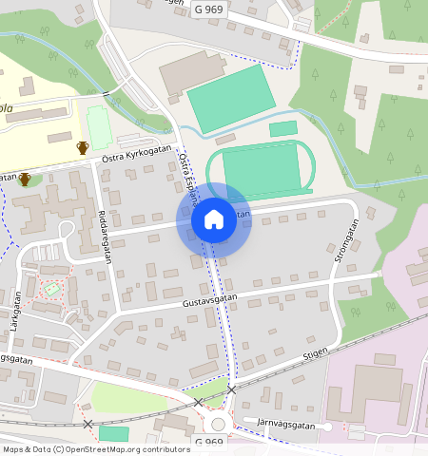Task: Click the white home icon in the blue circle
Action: pos(214,220)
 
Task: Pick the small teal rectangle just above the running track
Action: pos(282,128)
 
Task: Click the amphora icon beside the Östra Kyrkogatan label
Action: pos(83,147)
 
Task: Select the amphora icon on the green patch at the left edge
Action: pos(24,179)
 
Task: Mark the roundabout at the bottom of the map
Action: pos(218,425)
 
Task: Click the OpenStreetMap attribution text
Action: pos(83,449)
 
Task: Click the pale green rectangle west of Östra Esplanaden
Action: pos(99,126)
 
